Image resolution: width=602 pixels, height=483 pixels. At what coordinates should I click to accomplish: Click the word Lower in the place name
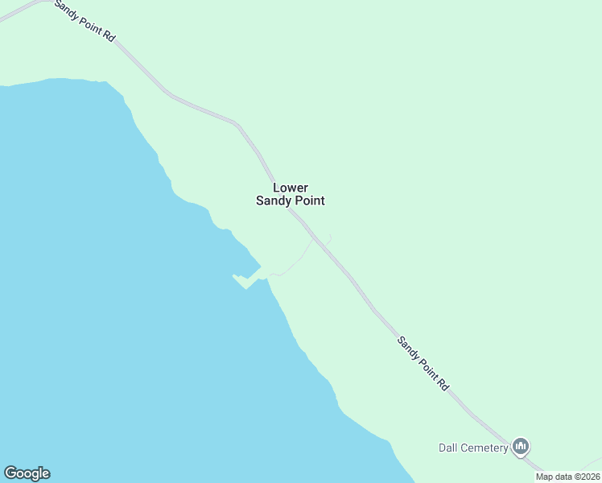point(291,188)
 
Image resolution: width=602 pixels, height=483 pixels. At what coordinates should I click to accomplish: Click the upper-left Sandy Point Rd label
point(85,21)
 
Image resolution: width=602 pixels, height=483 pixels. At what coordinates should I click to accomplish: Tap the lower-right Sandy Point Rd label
point(423,363)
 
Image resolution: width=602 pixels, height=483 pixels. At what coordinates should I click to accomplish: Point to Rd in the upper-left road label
point(110,37)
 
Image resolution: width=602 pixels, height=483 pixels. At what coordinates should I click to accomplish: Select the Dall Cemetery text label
point(473,448)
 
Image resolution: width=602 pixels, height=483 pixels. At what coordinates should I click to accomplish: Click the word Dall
point(448,448)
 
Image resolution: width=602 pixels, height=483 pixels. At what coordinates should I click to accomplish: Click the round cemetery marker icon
point(521,446)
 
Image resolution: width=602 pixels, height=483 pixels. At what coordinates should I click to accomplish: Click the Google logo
point(27,473)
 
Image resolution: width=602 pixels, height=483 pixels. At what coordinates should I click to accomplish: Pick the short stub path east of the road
point(328,238)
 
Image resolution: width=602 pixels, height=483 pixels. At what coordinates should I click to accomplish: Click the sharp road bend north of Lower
point(237,125)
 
